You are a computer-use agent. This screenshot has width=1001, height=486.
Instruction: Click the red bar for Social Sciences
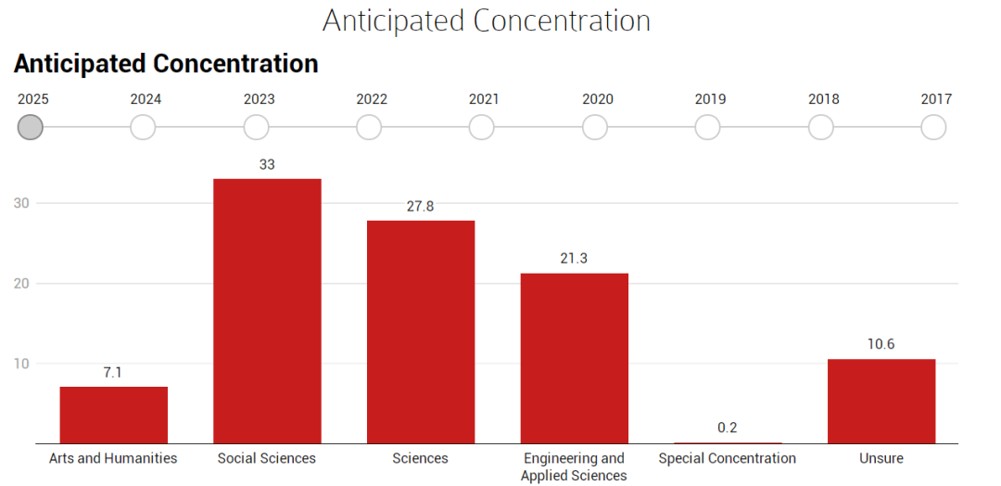coord(267,311)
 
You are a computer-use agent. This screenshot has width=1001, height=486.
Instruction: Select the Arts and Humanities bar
coord(114,416)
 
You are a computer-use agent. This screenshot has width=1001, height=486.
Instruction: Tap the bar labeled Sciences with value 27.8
coord(421,332)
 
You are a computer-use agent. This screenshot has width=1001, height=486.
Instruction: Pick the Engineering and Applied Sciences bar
coord(575,358)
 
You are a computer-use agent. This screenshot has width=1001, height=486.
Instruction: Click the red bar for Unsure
coord(881,401)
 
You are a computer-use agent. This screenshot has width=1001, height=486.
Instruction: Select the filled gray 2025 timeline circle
coord(30,127)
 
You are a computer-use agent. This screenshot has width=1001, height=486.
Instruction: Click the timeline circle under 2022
coord(369,127)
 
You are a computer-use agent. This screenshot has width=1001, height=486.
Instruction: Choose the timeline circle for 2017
coord(933,127)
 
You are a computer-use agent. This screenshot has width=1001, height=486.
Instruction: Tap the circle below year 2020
coord(595,127)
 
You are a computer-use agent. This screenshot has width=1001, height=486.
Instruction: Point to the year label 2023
coord(260,99)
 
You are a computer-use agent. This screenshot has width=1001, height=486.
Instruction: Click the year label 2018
coord(824,99)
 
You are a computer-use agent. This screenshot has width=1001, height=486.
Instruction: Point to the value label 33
coord(267,165)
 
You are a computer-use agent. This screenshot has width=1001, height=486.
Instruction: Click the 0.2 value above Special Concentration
coord(728,428)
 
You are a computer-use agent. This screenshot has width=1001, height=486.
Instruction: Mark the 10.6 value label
coord(881,344)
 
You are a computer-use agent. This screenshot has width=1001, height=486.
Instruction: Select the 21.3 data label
coord(574,259)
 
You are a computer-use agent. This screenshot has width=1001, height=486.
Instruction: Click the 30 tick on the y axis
coord(21,203)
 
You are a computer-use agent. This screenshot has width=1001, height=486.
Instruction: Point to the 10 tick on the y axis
coord(21,364)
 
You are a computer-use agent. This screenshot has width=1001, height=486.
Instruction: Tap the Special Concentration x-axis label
coord(728,458)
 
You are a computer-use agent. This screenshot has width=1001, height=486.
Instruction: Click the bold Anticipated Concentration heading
coord(166,65)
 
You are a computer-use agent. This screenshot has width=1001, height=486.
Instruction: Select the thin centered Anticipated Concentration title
coord(487,20)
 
